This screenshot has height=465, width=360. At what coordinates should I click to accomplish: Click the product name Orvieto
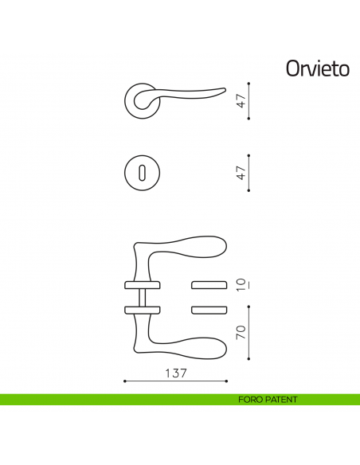[318, 69]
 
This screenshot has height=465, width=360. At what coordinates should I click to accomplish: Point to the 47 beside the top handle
[242, 101]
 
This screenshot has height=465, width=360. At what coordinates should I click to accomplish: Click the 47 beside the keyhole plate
[242, 172]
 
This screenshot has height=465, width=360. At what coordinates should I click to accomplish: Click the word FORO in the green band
[252, 400]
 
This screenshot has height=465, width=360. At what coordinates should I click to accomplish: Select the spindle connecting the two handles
[141, 296]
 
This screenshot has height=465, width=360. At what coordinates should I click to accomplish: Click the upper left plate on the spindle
[141, 283]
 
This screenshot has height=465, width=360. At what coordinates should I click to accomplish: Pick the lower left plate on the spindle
[141, 309]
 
